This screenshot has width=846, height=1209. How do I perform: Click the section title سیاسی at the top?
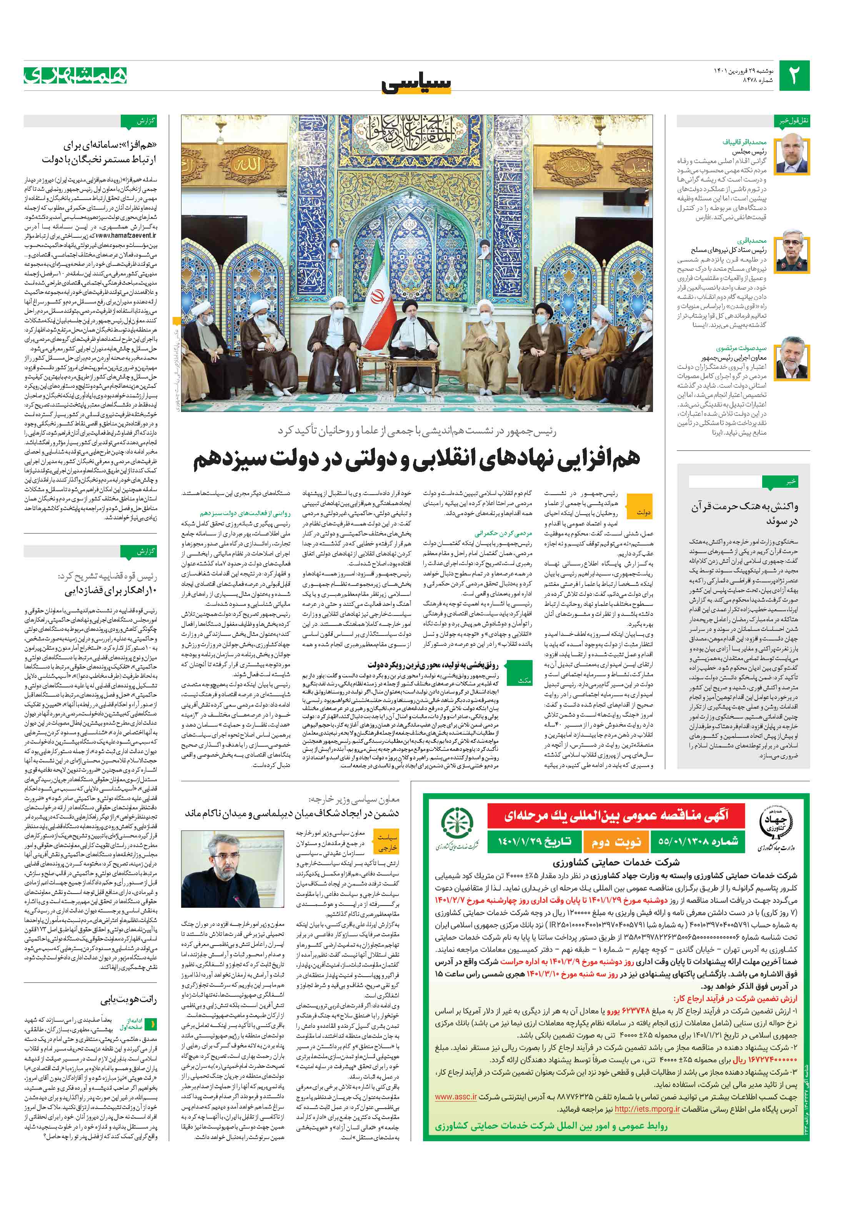416,83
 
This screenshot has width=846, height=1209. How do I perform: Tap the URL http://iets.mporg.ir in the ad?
647,1109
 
